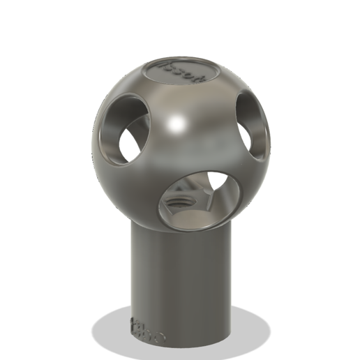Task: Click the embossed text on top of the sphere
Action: point(181,70)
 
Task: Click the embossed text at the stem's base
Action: point(147,329)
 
